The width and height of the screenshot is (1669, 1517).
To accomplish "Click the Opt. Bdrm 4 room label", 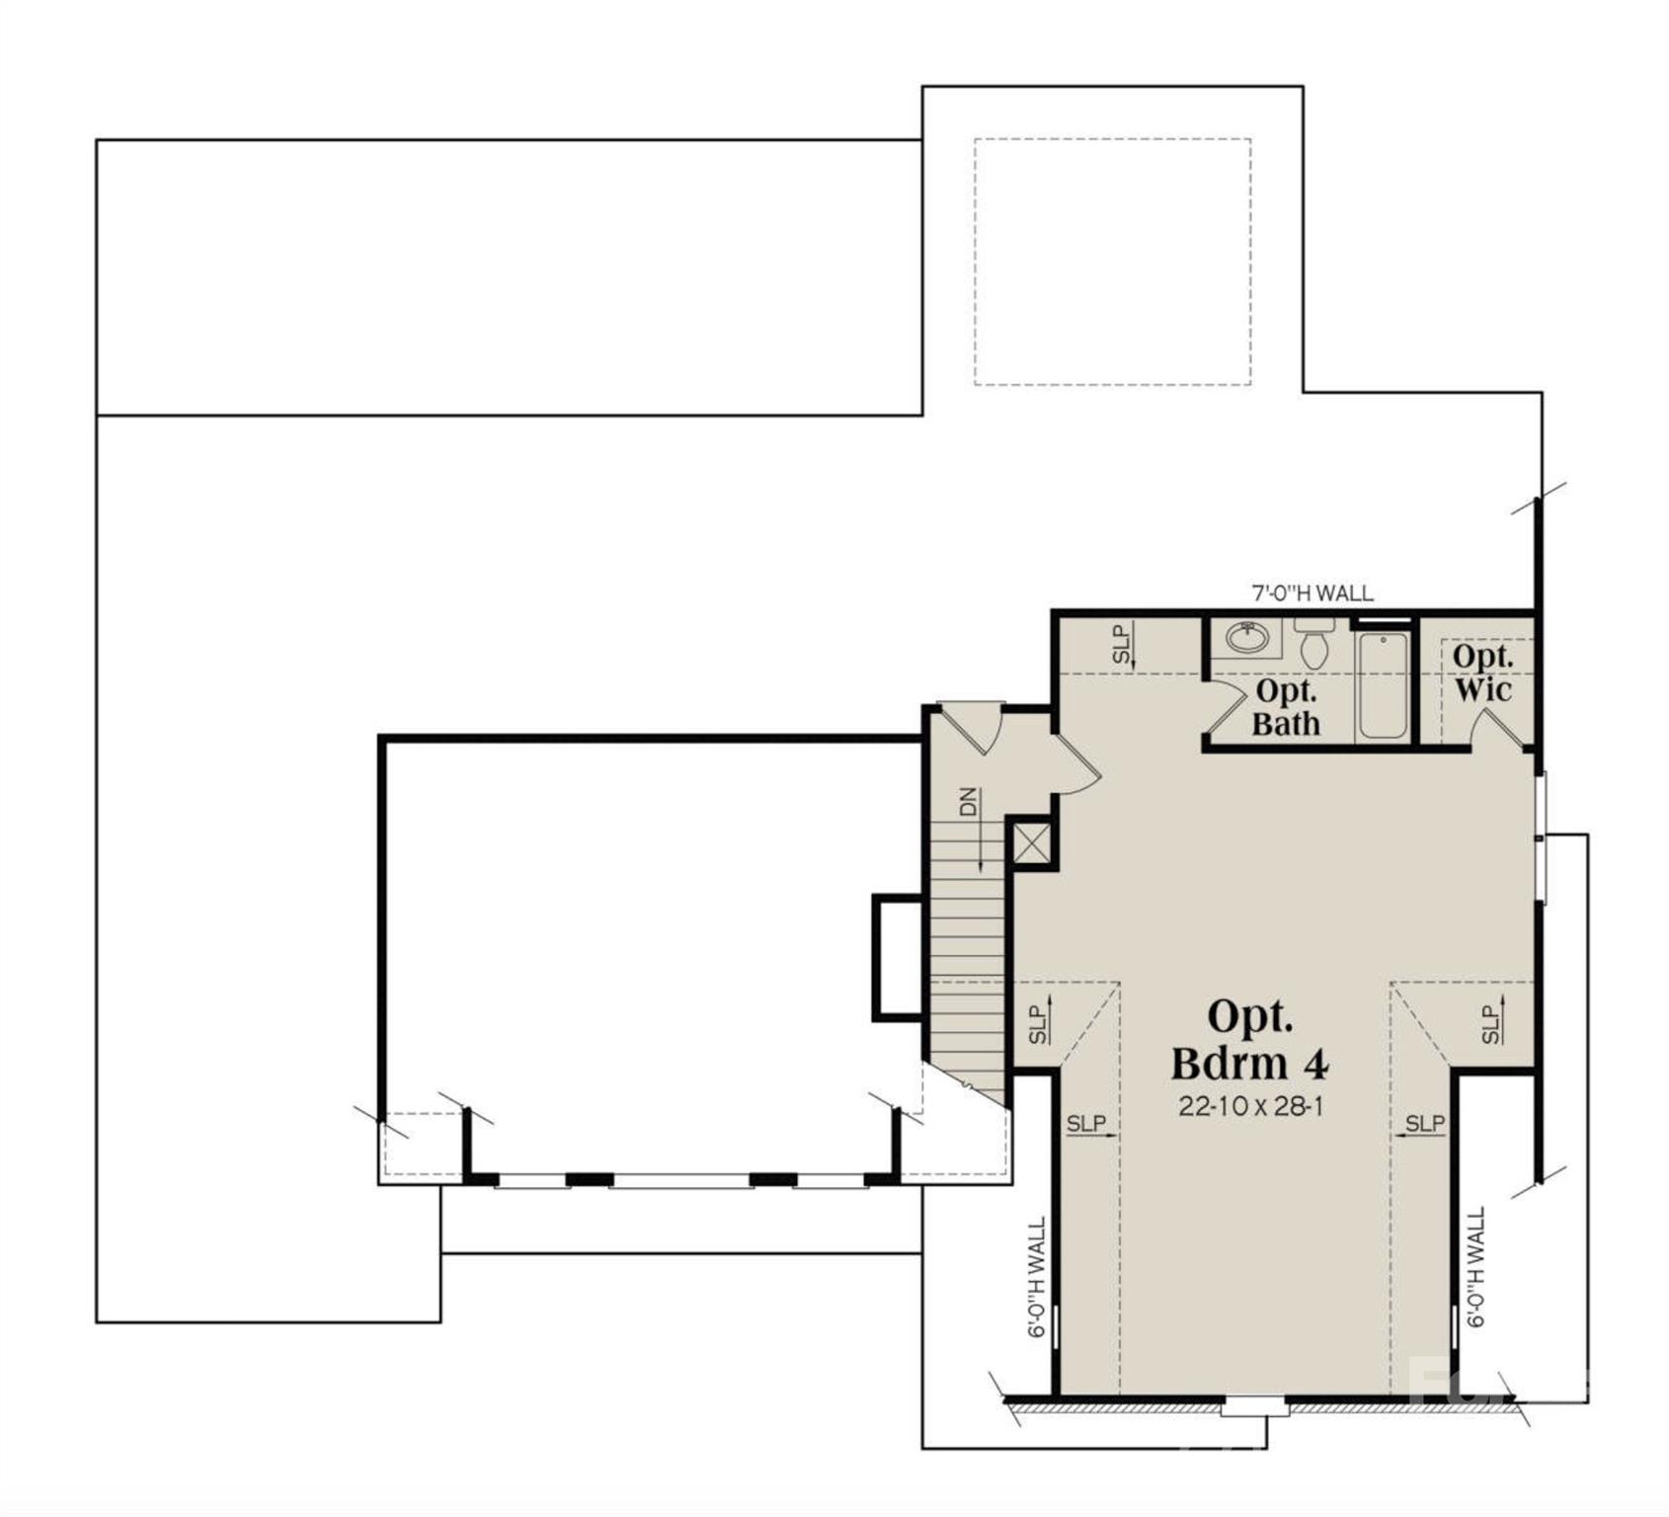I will click(x=1250, y=1040).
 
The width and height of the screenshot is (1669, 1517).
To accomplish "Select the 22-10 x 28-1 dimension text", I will click(x=1250, y=1106).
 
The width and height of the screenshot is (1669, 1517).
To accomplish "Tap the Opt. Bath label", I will click(x=1286, y=707).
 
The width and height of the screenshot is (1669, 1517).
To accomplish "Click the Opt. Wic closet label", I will click(x=1481, y=673).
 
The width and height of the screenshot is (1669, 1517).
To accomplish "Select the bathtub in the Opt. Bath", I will click(x=1383, y=684).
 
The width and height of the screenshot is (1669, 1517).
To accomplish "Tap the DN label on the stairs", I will click(x=968, y=801).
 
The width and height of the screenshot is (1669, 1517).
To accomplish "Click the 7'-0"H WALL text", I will click(x=1311, y=593).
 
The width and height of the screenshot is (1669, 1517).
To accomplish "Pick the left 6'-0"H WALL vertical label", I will click(x=1037, y=1278).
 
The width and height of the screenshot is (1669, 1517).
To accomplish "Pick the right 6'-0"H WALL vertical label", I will click(x=1476, y=1268).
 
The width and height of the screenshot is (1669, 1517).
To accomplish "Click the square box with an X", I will click(x=1033, y=843).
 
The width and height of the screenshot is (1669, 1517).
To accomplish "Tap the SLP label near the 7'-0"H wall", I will click(x=1121, y=644).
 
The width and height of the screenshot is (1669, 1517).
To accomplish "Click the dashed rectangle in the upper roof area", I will click(x=1112, y=262).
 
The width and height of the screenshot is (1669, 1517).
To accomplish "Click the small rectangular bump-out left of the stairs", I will click(x=897, y=956).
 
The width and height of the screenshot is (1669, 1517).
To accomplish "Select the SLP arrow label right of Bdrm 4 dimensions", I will click(x=1424, y=1124).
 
